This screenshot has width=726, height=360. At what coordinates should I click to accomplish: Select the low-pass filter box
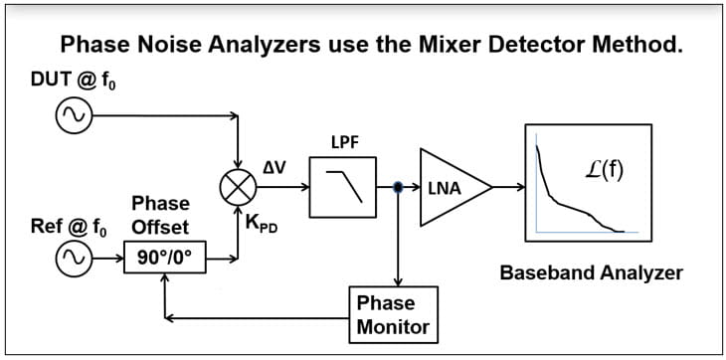pos(341,187)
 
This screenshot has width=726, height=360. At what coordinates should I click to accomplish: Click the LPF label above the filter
pos(344,143)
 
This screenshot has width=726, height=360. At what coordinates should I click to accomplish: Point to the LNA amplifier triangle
pos(451,186)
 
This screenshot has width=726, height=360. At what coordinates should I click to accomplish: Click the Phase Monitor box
pos(392,313)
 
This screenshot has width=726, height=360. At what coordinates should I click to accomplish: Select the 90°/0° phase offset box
pos(171,261)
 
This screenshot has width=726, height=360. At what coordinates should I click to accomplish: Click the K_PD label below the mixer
pos(263,224)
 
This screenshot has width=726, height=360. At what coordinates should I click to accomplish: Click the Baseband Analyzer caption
pos(591,271)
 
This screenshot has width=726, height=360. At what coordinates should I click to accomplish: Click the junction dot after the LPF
pos(398,187)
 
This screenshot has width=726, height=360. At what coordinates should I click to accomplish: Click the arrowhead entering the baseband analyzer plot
pos(520,186)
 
